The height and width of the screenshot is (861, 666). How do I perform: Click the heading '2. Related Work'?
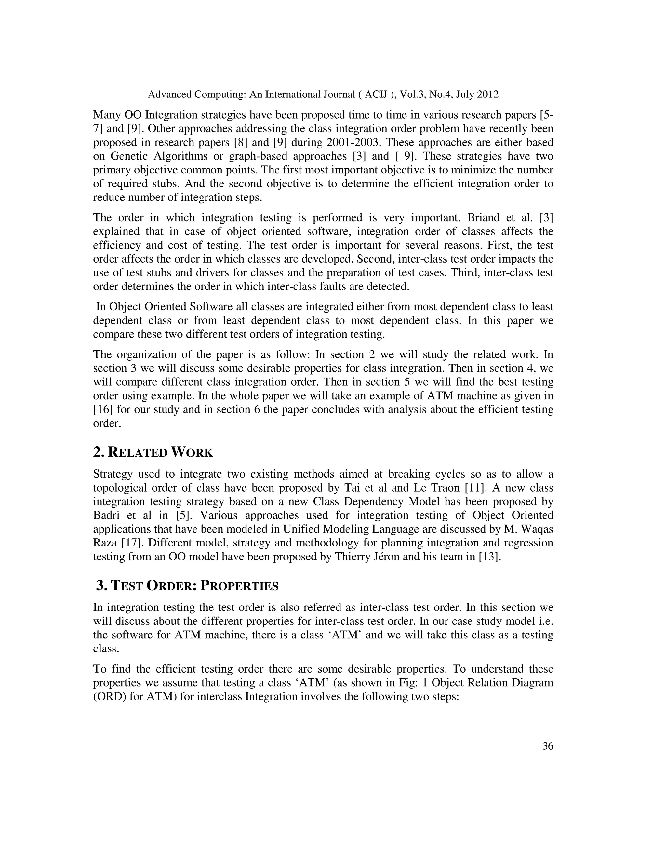click(x=153, y=452)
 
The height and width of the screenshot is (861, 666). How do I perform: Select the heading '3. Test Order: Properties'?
click(x=187, y=586)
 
